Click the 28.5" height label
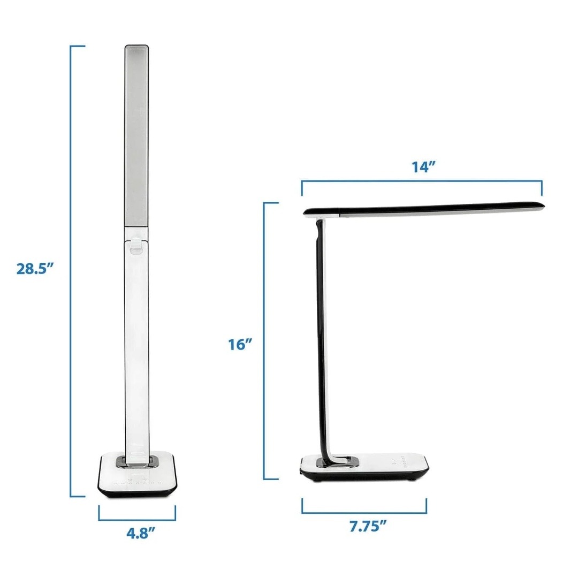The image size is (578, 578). (35, 268)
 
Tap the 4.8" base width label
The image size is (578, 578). (140, 533)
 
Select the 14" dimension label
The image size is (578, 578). (423, 166)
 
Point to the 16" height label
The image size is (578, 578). (240, 344)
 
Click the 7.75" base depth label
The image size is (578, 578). (368, 526)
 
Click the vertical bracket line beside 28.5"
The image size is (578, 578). (71, 271)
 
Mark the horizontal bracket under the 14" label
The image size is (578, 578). (422, 181)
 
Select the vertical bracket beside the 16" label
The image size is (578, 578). (264, 341)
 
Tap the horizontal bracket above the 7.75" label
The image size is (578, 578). (364, 512)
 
